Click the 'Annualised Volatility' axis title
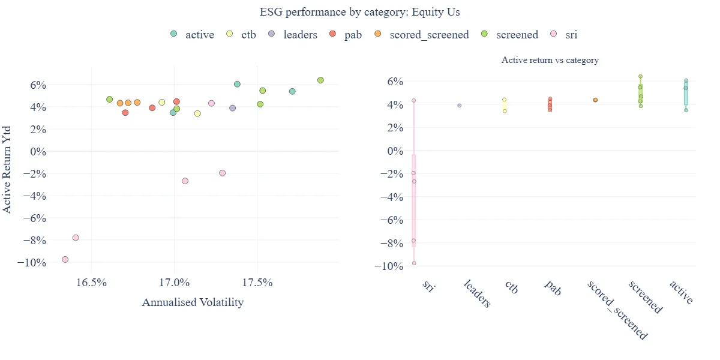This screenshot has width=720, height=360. tap(193, 302)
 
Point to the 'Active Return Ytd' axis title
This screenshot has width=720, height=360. tap(7, 170)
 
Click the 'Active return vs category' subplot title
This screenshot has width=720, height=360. tap(550, 60)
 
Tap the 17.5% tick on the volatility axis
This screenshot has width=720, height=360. tap(257, 283)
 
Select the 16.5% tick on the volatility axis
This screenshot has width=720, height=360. tap(91, 283)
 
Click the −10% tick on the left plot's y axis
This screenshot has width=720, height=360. tap(31, 263)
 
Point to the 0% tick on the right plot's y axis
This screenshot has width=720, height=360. tap(395, 151)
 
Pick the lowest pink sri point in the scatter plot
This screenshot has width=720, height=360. tap(65, 259)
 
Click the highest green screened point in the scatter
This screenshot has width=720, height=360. tap(320, 80)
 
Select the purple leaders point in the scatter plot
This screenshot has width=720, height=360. tap(232, 108)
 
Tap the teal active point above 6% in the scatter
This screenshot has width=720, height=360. tap(237, 84)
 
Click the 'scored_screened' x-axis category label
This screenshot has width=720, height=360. tap(617, 310)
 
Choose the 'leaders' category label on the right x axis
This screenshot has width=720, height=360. tap(477, 294)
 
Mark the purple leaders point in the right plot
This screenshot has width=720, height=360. tap(460, 106)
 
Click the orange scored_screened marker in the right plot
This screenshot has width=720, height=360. tap(595, 100)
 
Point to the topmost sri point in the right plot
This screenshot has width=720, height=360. tap(414, 101)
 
